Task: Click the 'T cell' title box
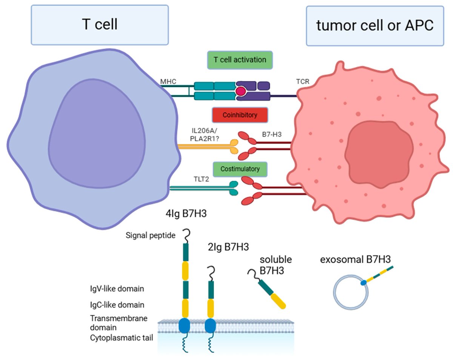100,25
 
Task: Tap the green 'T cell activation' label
240,60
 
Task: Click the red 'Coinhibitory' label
240,115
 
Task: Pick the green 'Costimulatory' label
240,169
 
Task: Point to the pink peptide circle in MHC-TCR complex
240,91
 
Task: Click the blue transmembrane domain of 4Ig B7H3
184,325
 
